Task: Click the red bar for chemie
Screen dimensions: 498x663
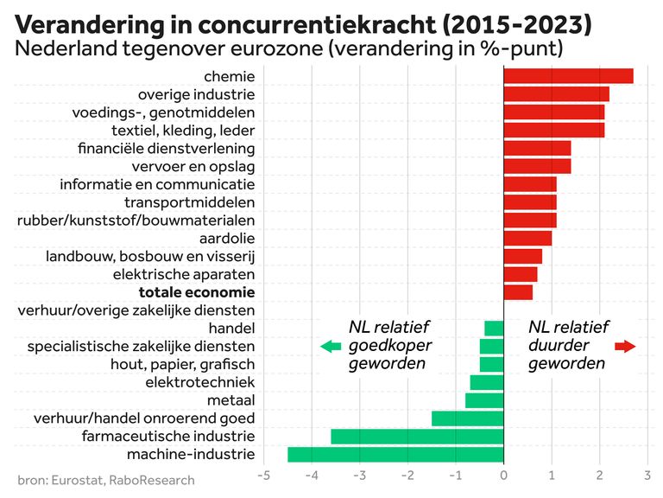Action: click(x=568, y=76)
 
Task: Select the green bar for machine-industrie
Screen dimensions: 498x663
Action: click(x=395, y=455)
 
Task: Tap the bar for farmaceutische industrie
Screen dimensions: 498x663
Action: click(x=417, y=437)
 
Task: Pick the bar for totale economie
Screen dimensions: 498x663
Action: click(x=518, y=292)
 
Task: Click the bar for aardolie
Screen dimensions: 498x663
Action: click(x=527, y=238)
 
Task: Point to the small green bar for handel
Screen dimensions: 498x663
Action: click(x=494, y=329)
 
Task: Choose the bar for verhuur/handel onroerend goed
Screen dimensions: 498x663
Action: click(x=467, y=418)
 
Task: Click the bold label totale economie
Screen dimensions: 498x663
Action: click(x=197, y=292)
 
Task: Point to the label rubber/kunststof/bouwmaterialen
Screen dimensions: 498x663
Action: click(x=136, y=220)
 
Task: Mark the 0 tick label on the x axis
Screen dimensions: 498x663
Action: click(x=503, y=475)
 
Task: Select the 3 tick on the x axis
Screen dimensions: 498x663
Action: click(x=647, y=475)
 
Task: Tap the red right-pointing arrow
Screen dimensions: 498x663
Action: click(x=625, y=347)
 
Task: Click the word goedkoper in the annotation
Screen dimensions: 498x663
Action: click(x=389, y=346)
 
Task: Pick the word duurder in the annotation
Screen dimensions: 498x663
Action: click(x=558, y=346)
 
